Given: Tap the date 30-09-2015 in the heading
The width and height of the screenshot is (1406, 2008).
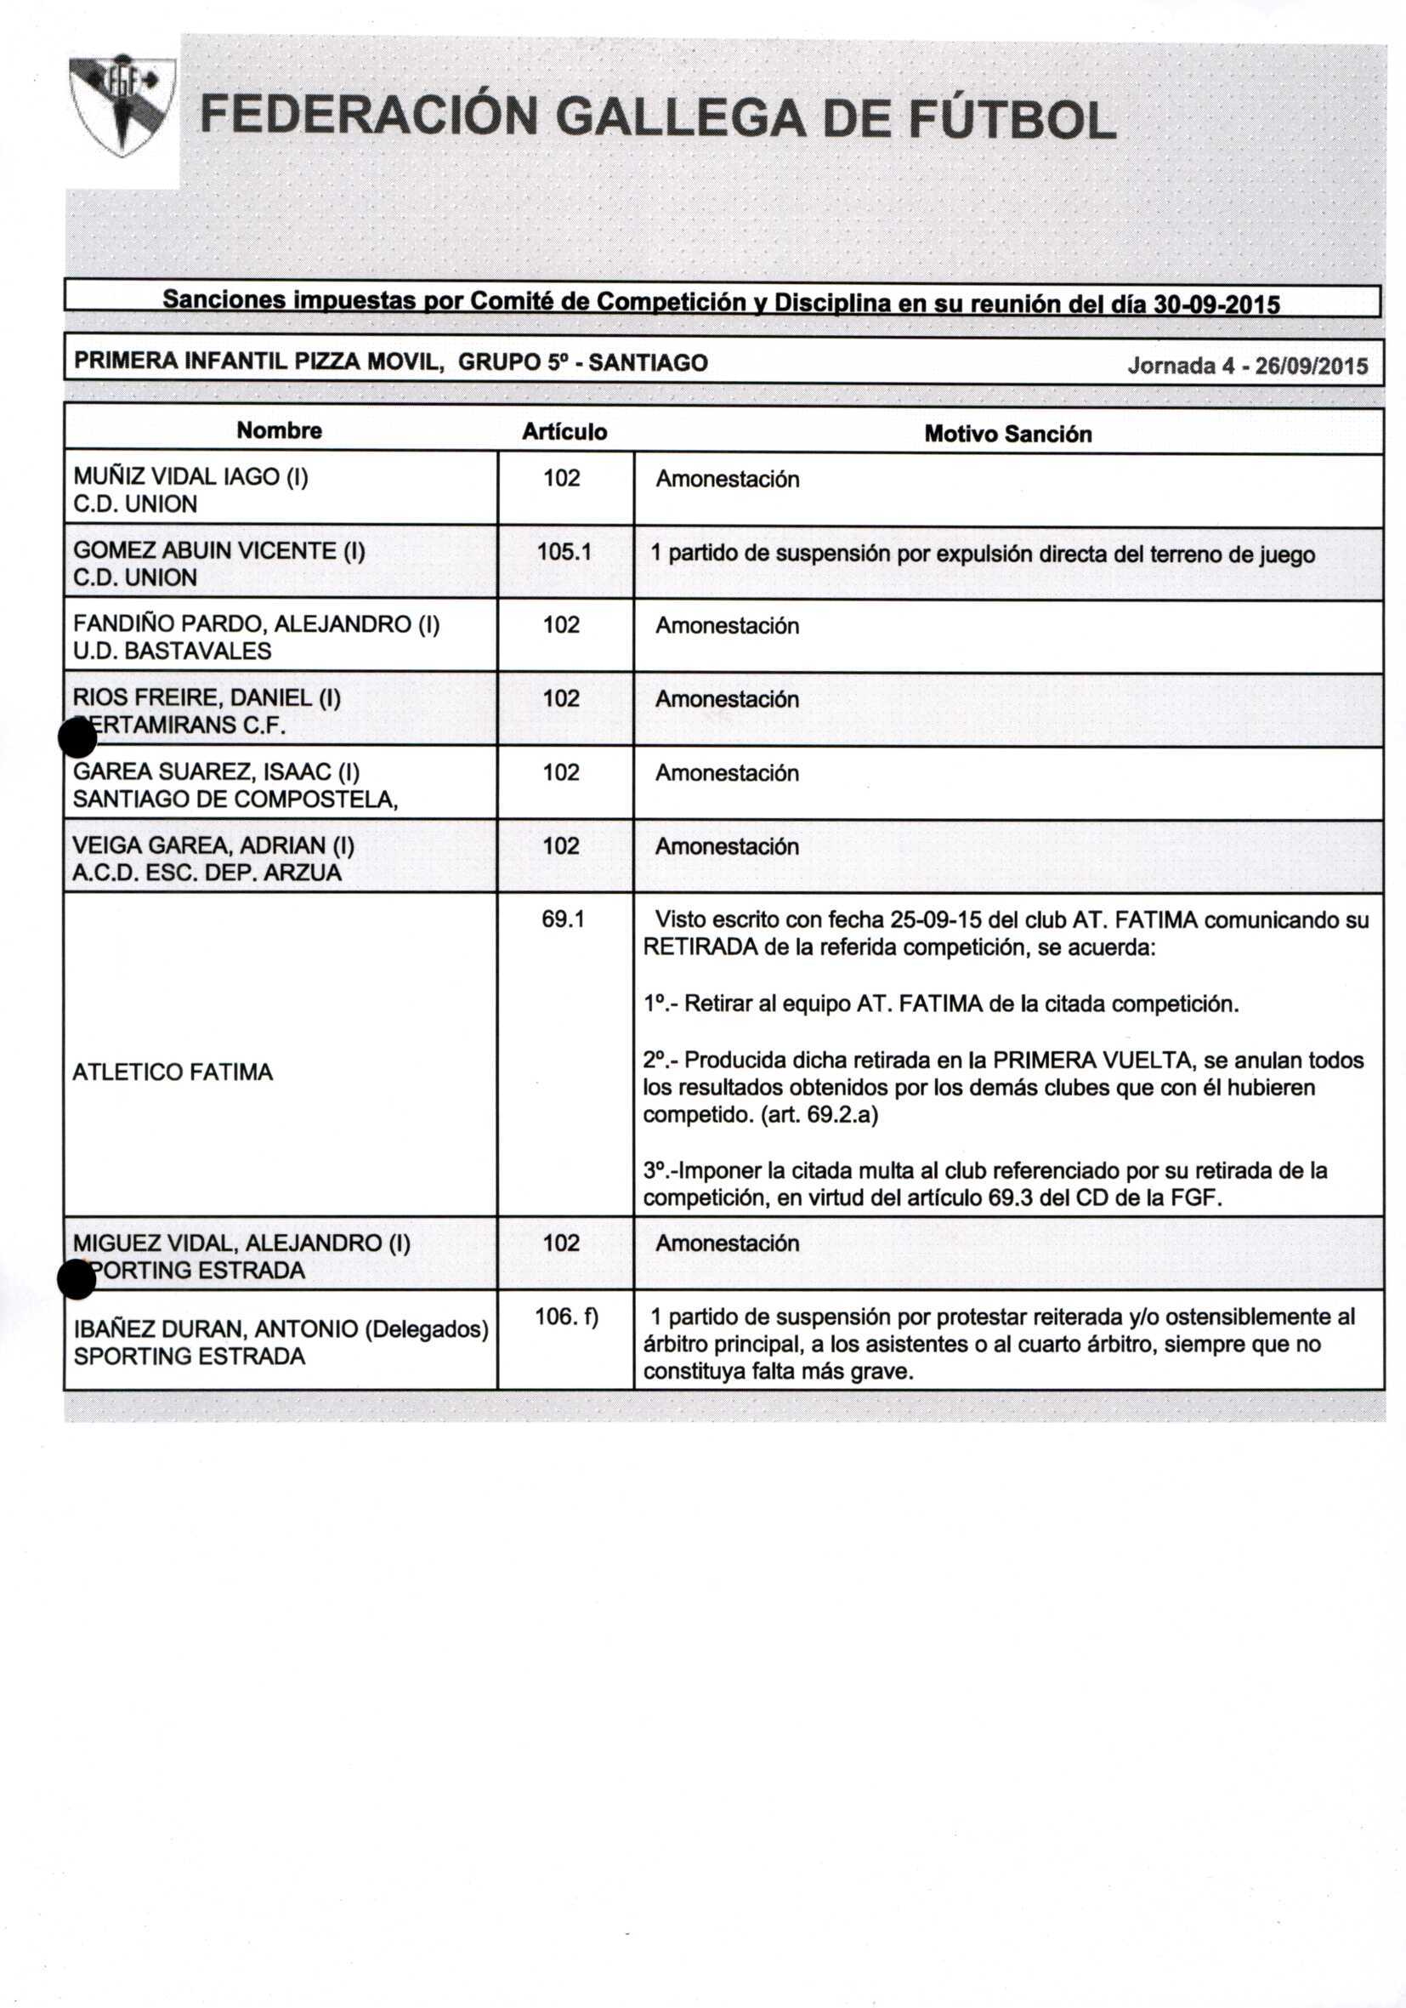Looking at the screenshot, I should coord(1216,304).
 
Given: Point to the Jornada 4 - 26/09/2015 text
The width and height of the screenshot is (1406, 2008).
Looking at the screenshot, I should coord(1247,365).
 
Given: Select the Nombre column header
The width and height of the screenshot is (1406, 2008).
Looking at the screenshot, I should coord(279,430).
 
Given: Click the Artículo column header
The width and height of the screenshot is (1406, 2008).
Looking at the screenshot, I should coord(564,432).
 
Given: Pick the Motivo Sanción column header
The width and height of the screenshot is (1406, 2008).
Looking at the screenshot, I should coord(1007,434).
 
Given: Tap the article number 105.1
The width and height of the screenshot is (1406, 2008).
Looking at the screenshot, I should coord(563,551).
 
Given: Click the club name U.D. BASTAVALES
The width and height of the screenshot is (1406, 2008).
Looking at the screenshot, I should coord(173,651).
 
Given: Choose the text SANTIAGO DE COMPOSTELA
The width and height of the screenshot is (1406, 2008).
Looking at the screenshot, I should coord(235,799).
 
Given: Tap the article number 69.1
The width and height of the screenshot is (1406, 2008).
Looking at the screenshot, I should coord(563,919).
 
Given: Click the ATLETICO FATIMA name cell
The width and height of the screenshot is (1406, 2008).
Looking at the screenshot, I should coord(173,1072).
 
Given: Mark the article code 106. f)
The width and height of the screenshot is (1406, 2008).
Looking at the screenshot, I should coord(566,1317).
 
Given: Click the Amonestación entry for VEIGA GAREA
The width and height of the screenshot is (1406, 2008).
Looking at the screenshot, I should coord(727,846).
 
